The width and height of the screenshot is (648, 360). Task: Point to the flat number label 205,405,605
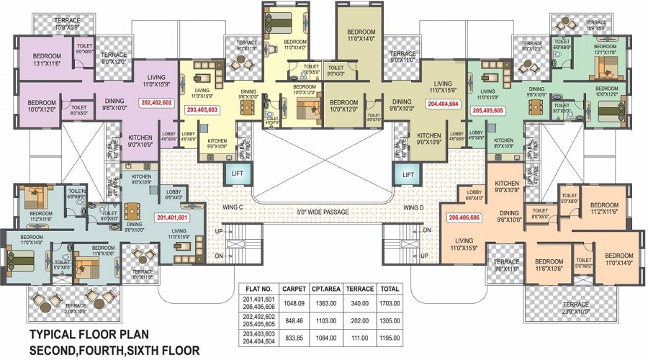click(487, 111)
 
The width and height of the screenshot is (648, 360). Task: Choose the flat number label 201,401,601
click(172, 216)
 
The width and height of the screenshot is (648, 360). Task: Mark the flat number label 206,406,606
click(464, 217)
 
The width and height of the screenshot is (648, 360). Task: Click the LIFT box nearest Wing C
click(237, 174)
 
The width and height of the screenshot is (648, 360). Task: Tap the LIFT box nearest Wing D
click(408, 174)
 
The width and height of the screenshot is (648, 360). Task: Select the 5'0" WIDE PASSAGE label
click(323, 212)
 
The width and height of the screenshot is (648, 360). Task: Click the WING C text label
click(233, 208)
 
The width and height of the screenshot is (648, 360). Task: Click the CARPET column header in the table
click(294, 289)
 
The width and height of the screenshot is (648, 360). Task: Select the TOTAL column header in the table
click(390, 289)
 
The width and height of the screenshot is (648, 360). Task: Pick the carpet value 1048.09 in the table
click(294, 304)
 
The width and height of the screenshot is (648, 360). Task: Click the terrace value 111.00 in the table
click(360, 338)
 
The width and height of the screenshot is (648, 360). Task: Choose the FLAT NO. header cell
click(259, 289)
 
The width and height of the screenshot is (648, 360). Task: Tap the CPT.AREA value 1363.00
click(327, 304)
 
